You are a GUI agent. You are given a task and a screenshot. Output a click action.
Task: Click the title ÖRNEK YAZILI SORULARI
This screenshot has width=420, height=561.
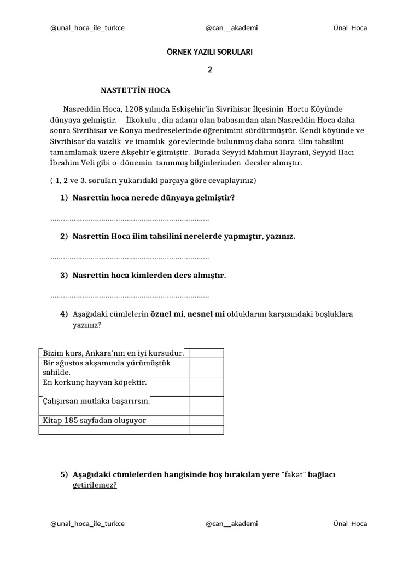pos(209,52)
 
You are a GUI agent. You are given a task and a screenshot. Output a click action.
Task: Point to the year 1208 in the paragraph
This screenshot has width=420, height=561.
pos(135,109)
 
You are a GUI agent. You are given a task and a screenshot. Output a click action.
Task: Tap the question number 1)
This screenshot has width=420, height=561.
pos(64,198)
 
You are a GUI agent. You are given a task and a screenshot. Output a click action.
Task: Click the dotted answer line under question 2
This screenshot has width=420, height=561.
pos(130,257)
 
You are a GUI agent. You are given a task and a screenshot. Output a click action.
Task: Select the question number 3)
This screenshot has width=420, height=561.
pos(64,276)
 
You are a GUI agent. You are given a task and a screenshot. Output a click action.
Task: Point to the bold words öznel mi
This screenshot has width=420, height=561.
pos(167,314)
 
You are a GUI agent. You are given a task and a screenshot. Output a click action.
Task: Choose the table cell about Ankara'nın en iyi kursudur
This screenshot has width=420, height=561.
pos(114,353)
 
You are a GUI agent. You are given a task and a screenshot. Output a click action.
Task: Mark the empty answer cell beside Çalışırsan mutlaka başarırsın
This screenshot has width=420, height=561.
pos(206,405)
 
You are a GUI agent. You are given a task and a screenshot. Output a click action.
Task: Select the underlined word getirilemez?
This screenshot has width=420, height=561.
pos(95,485)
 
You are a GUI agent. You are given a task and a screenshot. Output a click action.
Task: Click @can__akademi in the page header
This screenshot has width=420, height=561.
pos(231,28)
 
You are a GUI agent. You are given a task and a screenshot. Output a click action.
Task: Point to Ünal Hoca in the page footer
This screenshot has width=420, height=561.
pos(350,524)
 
